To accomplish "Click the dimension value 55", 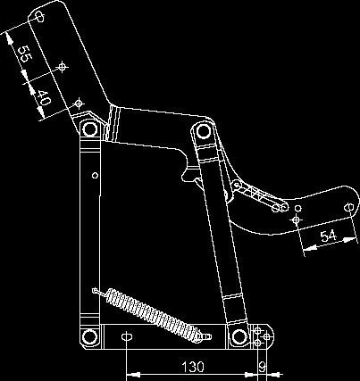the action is click(23, 54).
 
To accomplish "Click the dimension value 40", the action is click(43, 98).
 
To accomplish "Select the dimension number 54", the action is click(329, 236).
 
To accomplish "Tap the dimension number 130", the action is click(193, 367).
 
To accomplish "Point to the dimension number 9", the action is click(262, 367).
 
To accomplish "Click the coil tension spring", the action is click(152, 315).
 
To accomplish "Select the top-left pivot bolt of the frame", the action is click(90, 129).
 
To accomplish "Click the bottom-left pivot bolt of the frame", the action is click(89, 337).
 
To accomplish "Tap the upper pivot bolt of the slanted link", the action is click(203, 131).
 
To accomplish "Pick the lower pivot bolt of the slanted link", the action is click(239, 336).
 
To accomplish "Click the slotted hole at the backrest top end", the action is click(39, 16).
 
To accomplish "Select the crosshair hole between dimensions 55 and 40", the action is click(62, 67).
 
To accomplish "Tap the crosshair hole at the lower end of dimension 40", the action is click(79, 104).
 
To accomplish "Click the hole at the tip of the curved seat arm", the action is click(349, 207).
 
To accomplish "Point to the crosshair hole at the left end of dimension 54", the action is click(296, 220).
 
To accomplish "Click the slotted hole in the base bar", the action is click(127, 336).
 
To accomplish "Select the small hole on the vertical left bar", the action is click(95, 175).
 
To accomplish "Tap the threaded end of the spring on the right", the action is click(206, 337).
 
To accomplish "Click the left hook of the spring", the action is click(98, 292).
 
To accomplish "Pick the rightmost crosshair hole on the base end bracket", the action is click(266, 336).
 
